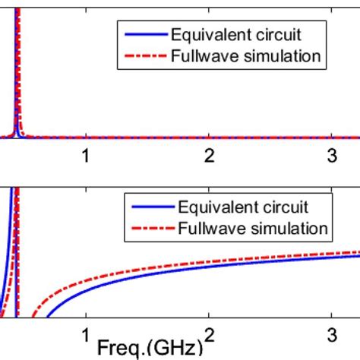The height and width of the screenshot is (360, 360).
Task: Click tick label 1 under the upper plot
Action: point(87,156)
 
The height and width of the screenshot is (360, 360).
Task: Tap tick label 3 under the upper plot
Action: point(332,156)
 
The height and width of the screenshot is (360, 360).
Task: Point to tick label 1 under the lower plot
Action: point(87,335)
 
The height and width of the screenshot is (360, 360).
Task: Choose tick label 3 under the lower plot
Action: point(332,335)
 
